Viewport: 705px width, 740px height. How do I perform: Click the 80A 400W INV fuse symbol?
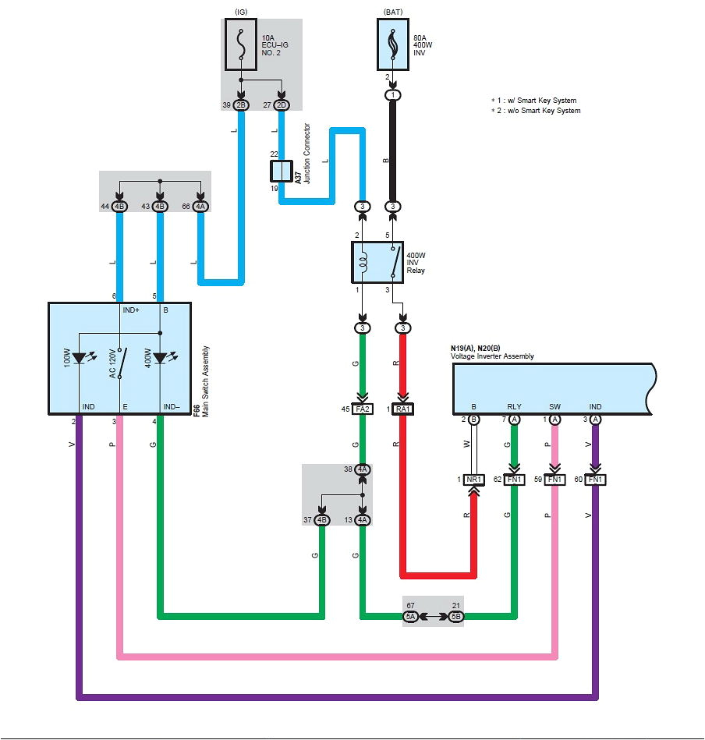pos(394,44)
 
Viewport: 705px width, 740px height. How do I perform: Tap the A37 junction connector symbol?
pos(281,172)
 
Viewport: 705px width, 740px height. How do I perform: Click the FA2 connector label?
pos(363,409)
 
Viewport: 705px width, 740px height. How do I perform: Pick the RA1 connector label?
pos(402,409)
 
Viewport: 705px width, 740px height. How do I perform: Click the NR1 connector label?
pos(473,480)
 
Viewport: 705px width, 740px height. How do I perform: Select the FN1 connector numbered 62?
pos(514,480)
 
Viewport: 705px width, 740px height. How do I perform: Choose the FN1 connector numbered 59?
pos(554,480)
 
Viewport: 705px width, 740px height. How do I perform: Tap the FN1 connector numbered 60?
pos(595,480)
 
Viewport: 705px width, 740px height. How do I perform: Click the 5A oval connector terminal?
pos(410,617)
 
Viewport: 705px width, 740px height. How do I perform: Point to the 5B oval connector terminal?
pos(455,617)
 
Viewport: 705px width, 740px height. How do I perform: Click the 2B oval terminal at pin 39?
pos(242,104)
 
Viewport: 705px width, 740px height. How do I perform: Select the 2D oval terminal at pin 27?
pos(282,104)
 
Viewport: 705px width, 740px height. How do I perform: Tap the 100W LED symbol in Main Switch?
pos(80,358)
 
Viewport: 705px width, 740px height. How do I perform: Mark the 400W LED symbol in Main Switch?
pos(160,358)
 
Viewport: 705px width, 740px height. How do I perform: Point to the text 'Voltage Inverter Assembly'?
pos(493,356)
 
